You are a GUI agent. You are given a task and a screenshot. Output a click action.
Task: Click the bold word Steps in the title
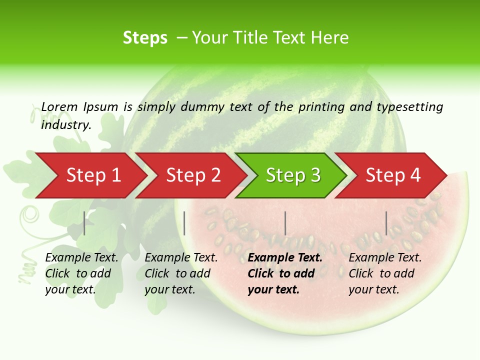tap(145, 38)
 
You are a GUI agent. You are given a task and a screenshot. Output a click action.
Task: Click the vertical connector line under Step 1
tap(84, 223)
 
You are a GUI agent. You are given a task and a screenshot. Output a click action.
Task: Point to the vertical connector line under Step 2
tap(184, 223)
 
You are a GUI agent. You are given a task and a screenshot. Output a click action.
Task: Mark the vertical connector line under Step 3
tap(285, 223)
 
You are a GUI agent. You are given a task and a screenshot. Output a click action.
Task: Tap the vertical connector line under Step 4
tap(386, 223)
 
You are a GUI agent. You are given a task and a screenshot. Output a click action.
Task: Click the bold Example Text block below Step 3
tap(285, 273)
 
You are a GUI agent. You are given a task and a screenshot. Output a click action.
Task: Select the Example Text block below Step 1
tap(81, 273)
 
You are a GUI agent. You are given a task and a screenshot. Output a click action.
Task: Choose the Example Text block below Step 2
tap(181, 273)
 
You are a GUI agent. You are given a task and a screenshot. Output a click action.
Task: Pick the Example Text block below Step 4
tap(385, 273)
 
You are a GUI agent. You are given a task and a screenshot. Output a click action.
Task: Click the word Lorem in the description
tap(59, 107)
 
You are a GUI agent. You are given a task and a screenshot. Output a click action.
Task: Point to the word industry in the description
tap(66, 125)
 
